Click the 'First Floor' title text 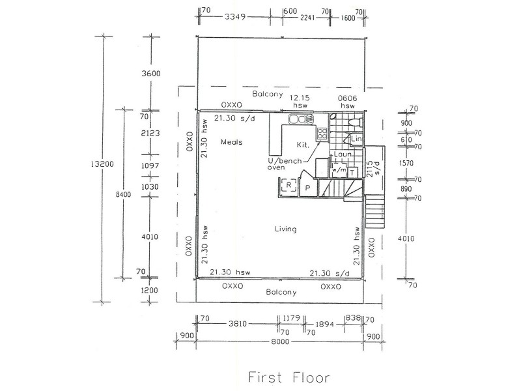(x=289, y=377)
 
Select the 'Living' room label (x=285, y=229)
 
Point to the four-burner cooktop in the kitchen (x=322, y=134)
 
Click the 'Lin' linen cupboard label (x=356, y=139)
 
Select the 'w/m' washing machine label (x=339, y=171)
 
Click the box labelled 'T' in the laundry (x=352, y=172)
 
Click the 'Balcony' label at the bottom (x=281, y=293)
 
